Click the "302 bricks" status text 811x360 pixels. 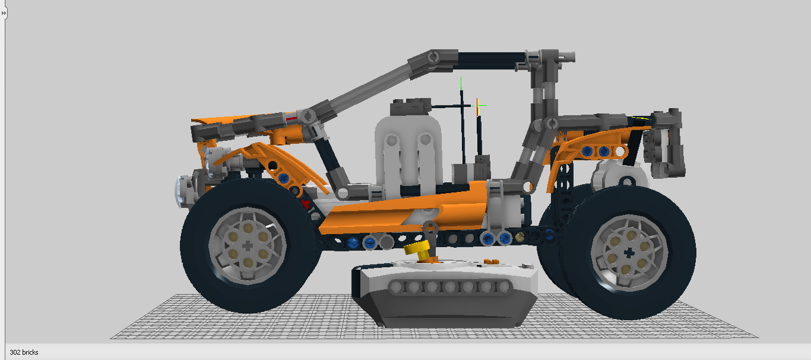[x=24, y=352]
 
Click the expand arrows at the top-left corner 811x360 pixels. [x=4, y=13]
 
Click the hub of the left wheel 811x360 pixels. [x=248, y=246]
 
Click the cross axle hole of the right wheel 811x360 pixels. [x=629, y=253]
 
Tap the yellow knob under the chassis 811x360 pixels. [x=417, y=249]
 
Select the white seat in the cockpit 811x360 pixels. [x=408, y=156]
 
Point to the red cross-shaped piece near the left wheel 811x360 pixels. [x=305, y=204]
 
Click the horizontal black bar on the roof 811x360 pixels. [x=492, y=61]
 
